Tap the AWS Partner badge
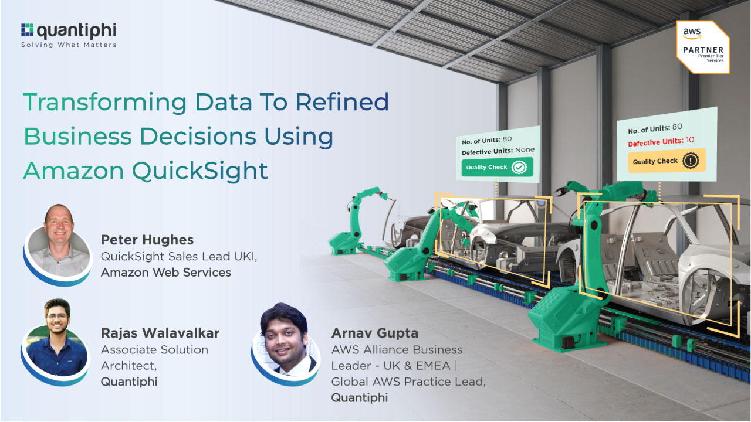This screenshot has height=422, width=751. click(x=703, y=47)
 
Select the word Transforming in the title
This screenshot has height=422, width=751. click(x=105, y=102)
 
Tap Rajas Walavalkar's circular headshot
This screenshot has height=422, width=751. click(x=56, y=339)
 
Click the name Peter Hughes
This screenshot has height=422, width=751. click(x=147, y=240)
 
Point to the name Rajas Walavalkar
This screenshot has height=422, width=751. click(x=160, y=333)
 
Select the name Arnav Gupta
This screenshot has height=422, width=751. click(x=375, y=333)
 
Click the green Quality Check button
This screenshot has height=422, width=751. click(x=496, y=167)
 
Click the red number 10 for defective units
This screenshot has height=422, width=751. click(x=690, y=140)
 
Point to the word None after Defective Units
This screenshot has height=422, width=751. click(x=525, y=150)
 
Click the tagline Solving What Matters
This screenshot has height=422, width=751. click(x=69, y=45)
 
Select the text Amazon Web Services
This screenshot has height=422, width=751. click(x=166, y=272)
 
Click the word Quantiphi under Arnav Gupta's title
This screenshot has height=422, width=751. click(x=360, y=397)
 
